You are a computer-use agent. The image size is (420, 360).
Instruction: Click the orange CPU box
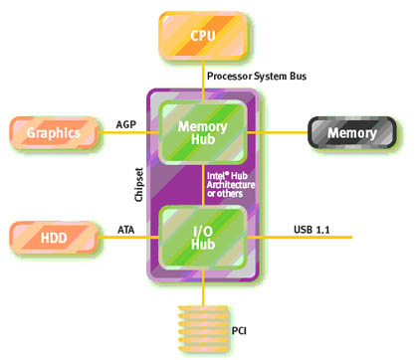pyautogui.click(x=202, y=35)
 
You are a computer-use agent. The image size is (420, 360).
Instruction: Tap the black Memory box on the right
pyautogui.click(x=351, y=132)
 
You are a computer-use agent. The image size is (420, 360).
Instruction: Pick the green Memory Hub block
pyautogui.click(x=202, y=128)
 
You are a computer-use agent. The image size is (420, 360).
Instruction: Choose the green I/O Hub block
pyautogui.click(x=202, y=237)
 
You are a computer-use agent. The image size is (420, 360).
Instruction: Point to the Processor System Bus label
pyautogui.click(x=254, y=76)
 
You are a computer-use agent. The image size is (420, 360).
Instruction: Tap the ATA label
pyautogui.click(x=126, y=229)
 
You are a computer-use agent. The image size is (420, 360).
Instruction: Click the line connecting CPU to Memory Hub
pyautogui.click(x=202, y=77)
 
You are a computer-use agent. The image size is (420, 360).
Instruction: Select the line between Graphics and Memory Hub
pyautogui.click(x=124, y=131)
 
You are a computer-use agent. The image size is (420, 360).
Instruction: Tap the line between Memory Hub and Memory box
pyautogui.click(x=284, y=131)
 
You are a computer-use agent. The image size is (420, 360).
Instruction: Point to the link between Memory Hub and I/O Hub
pyautogui.click(x=202, y=183)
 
